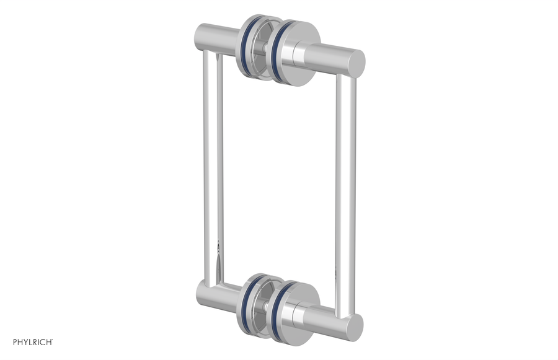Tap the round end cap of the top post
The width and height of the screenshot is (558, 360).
(356, 61)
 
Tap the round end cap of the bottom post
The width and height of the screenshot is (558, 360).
(354, 326)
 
